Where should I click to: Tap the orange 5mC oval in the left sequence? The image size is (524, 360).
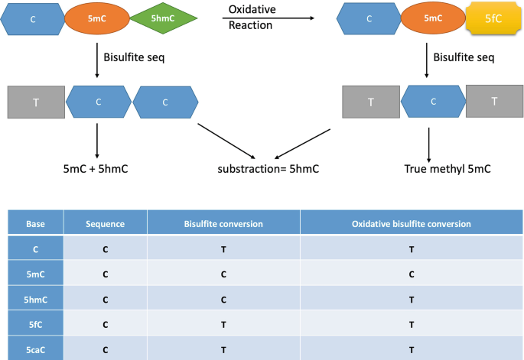click(x=96, y=18)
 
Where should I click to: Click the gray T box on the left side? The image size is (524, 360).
click(x=35, y=102)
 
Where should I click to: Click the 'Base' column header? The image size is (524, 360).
click(x=35, y=223)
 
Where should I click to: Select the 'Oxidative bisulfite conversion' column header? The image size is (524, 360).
click(x=411, y=223)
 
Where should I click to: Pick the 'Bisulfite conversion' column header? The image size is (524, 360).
click(x=223, y=223)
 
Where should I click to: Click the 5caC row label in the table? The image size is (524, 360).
click(x=35, y=348)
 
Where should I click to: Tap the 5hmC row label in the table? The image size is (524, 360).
click(x=35, y=298)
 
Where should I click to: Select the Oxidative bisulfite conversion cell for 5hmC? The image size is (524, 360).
click(x=411, y=298)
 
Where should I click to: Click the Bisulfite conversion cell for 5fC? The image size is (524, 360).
click(x=223, y=323)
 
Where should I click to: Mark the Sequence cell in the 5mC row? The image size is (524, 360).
click(x=105, y=274)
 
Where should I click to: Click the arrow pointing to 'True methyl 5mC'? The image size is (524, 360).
click(x=428, y=141)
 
